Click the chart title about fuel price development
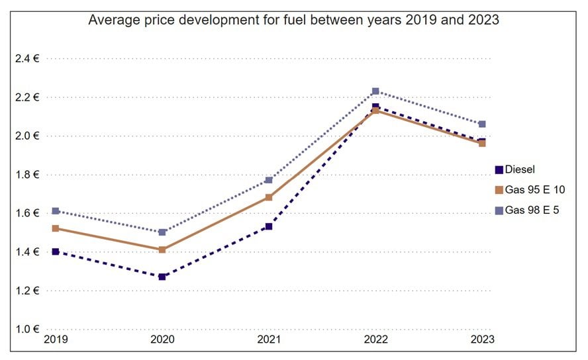click(x=293, y=21)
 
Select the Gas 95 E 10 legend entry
click(x=530, y=190)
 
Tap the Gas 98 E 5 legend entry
click(x=527, y=210)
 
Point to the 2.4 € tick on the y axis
click(x=27, y=59)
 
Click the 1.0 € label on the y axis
click(x=27, y=329)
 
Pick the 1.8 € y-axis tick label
click(x=27, y=175)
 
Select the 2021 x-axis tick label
click(x=268, y=339)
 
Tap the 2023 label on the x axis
click(x=481, y=339)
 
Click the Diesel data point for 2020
click(x=162, y=277)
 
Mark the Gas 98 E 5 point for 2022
click(x=375, y=91)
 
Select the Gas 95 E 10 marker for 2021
click(x=269, y=197)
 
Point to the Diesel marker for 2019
click(x=56, y=251)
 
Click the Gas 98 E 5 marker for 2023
click(x=482, y=124)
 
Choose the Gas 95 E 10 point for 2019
click(x=56, y=228)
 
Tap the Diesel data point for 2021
click(x=269, y=226)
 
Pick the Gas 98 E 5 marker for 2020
click(x=162, y=232)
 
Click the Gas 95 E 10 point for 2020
click(x=162, y=249)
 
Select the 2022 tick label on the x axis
click(x=375, y=339)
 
